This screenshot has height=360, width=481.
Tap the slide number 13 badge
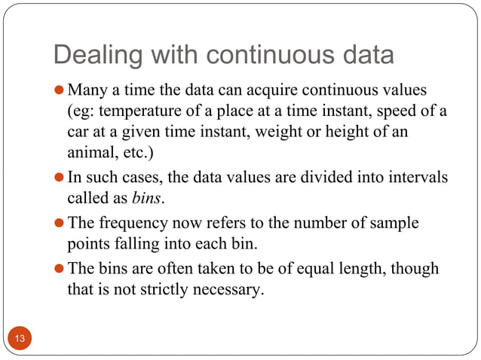point(20,338)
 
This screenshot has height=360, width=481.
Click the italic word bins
point(146,199)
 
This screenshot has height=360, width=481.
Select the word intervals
point(417,178)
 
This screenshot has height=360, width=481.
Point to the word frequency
point(127,224)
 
